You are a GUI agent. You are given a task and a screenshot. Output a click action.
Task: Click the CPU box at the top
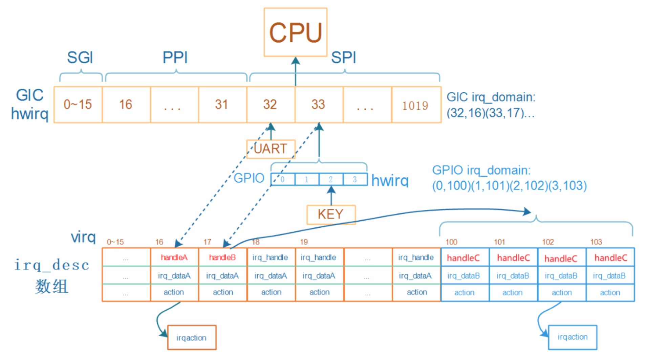pyautogui.click(x=295, y=32)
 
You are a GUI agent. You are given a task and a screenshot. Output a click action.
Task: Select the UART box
pyautogui.click(x=271, y=149)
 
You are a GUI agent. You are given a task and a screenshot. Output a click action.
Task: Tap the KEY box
pyautogui.click(x=331, y=214)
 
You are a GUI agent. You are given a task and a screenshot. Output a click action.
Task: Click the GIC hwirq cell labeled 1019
pyautogui.click(x=415, y=105)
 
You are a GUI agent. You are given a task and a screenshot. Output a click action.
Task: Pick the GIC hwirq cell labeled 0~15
pyautogui.click(x=78, y=105)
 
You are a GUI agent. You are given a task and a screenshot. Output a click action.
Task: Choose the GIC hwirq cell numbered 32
pyautogui.click(x=270, y=105)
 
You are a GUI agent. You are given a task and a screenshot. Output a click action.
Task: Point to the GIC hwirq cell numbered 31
pyautogui.click(x=222, y=105)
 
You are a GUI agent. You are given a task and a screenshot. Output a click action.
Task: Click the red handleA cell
pyautogui.click(x=174, y=257)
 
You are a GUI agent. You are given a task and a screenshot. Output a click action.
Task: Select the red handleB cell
pyautogui.click(x=222, y=257)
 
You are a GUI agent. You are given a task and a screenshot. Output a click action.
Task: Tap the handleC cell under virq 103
pyautogui.click(x=610, y=258)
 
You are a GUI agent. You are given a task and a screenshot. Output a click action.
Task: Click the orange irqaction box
pyautogui.click(x=192, y=337)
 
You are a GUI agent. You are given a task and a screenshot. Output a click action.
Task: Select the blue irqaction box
pyautogui.click(x=573, y=337)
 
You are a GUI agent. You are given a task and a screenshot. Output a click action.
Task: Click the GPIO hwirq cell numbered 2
pyautogui.click(x=331, y=179)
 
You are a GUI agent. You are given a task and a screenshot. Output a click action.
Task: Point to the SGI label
pyautogui.click(x=80, y=58)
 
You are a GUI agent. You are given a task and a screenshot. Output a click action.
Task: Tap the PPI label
pyautogui.click(x=175, y=58)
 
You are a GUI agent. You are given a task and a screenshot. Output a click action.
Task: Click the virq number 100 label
pyautogui.click(x=451, y=242)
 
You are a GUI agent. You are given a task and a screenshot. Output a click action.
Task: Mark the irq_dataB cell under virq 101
pyautogui.click(x=513, y=276)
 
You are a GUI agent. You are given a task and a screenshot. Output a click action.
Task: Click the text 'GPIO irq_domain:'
pyautogui.click(x=481, y=170)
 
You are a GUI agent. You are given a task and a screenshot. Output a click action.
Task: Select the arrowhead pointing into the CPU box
pyautogui.click(x=296, y=61)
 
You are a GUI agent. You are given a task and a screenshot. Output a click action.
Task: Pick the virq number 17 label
pyautogui.click(x=207, y=242)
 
